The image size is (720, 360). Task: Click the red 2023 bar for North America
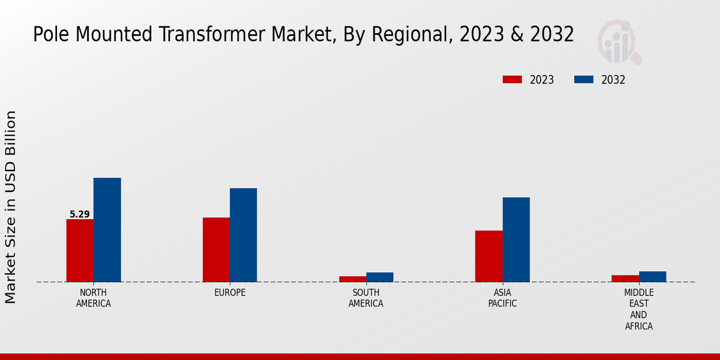pos(80,250)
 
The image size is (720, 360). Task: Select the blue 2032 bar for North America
pos(107,230)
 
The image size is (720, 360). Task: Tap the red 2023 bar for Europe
pos(216,250)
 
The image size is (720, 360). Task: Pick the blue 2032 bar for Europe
pos(243,235)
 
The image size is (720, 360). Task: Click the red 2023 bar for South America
pos(352,279)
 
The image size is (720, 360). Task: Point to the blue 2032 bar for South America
pos(380,277)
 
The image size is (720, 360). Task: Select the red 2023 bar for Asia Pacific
pos(488,256)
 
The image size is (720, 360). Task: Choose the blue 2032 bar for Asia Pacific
pos(516,239)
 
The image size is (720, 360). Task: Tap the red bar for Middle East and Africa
pos(625,278)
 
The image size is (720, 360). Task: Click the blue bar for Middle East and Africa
pos(652,277)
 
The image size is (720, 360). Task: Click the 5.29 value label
pos(80,214)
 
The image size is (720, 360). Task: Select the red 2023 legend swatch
pos(512,80)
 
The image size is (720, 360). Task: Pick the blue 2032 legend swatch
pos(584,80)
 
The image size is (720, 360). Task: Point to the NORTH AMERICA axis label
pos(94,298)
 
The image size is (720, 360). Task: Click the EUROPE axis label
pos(230,293)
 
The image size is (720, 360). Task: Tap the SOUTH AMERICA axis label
pos(366,298)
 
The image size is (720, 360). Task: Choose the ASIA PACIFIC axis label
pos(502,298)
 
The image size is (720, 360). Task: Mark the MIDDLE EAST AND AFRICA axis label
pos(638,310)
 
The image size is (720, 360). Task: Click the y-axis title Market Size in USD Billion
pos(11,207)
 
